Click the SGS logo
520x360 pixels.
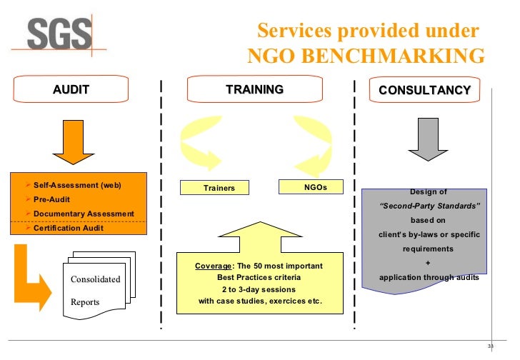coord(60,33)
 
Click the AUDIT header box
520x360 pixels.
coord(71,90)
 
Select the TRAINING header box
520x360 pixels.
coord(254,90)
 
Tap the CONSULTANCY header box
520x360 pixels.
coord(424,90)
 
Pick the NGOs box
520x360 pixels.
coord(310,186)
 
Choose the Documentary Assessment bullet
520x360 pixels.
coord(83,214)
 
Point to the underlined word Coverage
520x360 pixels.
coord(212,266)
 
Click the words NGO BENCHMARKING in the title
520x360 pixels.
coord(366,56)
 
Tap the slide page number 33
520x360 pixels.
coord(490,347)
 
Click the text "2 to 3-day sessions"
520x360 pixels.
coord(259,289)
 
